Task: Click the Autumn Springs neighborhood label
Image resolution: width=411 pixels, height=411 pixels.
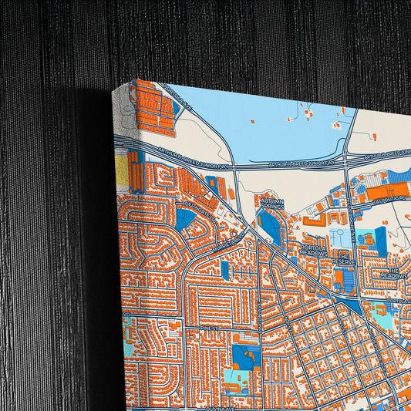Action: pyautogui.click(x=272, y=204)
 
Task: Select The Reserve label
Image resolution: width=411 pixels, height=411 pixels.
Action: pyautogui.click(x=342, y=261)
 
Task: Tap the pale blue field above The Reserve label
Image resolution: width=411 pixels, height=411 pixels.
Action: pyautogui.click(x=339, y=236)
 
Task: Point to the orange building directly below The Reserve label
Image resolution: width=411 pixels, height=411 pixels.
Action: pyautogui.click(x=345, y=278)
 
